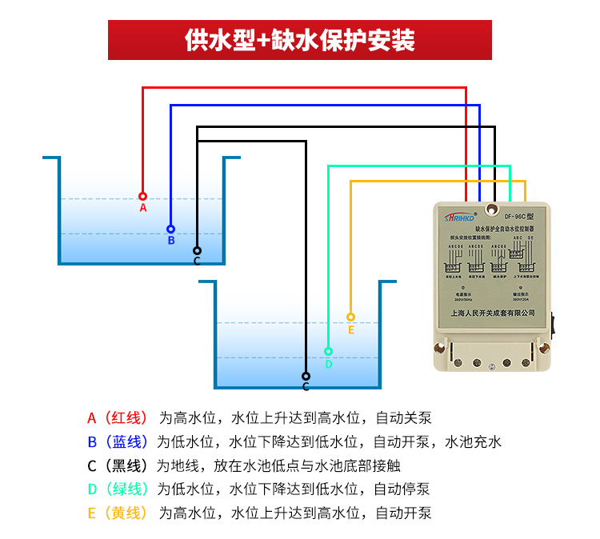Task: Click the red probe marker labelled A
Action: [142, 196]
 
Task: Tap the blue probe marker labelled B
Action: [170, 229]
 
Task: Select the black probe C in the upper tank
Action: [197, 250]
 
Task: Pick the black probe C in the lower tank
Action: [306, 376]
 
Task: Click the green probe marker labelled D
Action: [328, 351]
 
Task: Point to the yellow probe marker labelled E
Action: [350, 317]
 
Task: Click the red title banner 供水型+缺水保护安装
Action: [300, 40]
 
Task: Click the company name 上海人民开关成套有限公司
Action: [492, 313]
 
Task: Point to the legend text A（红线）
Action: [118, 417]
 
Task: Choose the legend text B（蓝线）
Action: [118, 441]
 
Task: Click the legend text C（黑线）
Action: [118, 465]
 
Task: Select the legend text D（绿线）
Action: [118, 489]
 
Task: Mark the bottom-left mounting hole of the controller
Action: [440, 348]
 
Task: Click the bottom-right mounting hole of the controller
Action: [545, 348]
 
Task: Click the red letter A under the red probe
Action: [143, 208]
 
